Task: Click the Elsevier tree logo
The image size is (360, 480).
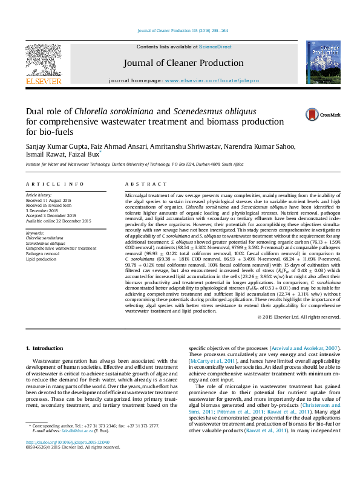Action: (x=43, y=61)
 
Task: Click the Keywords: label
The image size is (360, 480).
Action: (x=34, y=233)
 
